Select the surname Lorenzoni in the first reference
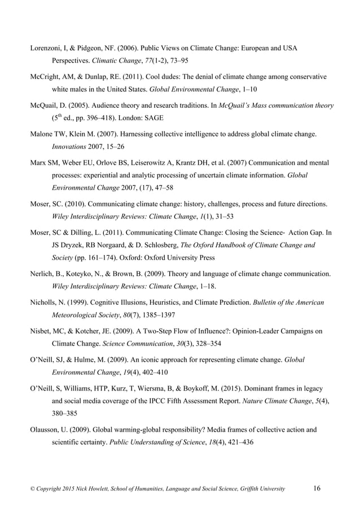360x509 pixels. click(x=47, y=48)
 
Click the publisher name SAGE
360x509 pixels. click(x=189, y=120)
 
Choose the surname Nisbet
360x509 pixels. click(x=41, y=331)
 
